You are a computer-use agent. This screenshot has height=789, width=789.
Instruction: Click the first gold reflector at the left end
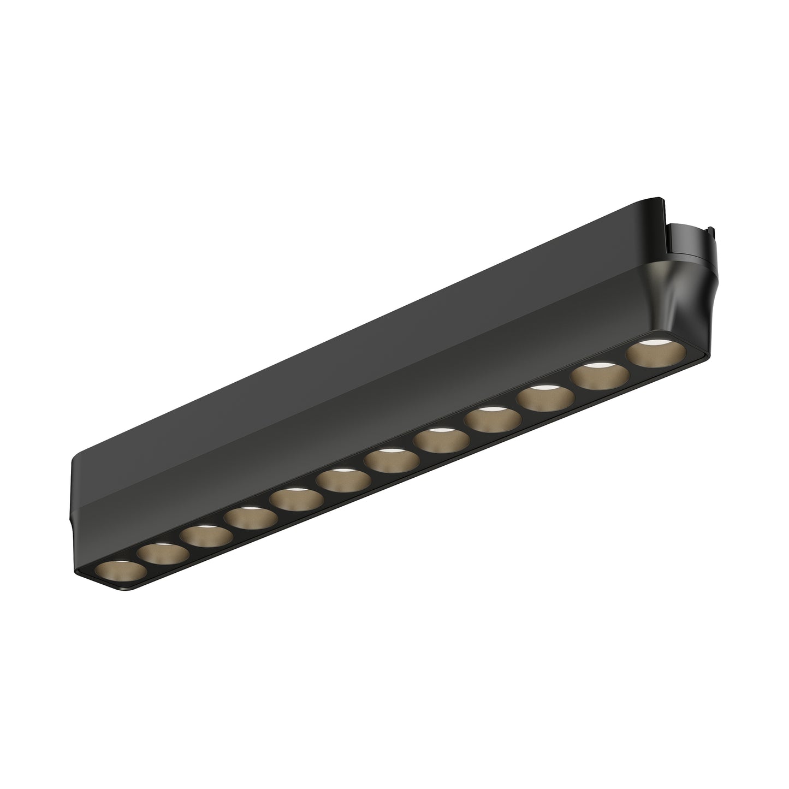[x=120, y=572]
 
